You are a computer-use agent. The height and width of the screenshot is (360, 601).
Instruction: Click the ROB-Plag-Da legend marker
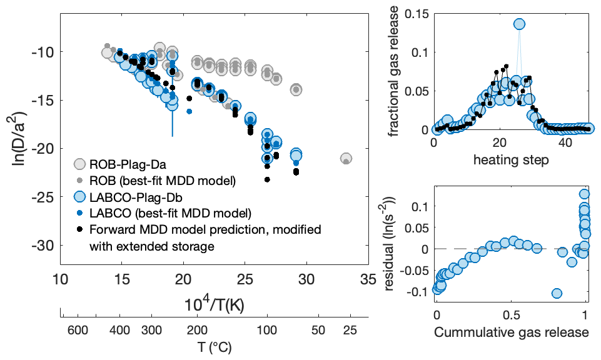(x=79, y=164)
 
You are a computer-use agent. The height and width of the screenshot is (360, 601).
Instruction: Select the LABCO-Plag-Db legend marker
(x=79, y=197)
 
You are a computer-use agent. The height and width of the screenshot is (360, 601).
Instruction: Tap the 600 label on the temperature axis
(x=76, y=329)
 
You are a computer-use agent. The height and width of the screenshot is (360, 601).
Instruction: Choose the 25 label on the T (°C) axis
(x=350, y=329)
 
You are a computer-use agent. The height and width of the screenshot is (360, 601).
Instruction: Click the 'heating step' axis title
(x=512, y=160)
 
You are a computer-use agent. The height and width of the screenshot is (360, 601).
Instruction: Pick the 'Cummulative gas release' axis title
(x=512, y=332)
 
